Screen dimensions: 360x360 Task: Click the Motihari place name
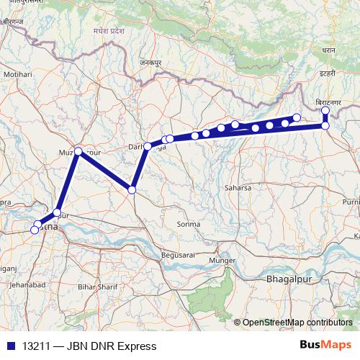pos(19,74)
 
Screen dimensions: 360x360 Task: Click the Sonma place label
pos(188,224)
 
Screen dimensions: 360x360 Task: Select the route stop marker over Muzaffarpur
pos(78,152)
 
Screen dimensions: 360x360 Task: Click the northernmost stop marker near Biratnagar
pos(325,110)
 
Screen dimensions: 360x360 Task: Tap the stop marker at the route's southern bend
pos(132,189)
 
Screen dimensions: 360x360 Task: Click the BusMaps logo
pos(326,346)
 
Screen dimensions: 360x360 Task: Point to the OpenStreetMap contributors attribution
pos(297,323)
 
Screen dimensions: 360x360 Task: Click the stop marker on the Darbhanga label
pos(148,146)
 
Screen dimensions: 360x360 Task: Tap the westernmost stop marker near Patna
pos(34,230)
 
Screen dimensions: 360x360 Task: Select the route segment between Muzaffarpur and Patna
pos(68,183)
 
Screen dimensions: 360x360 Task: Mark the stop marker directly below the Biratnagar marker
pos(325,126)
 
